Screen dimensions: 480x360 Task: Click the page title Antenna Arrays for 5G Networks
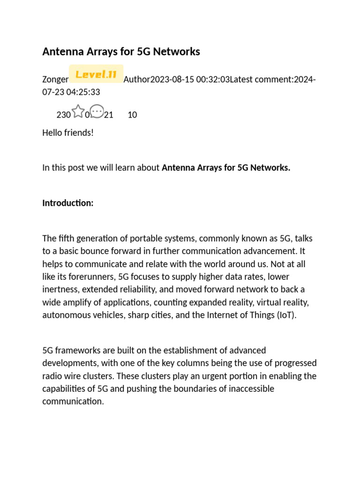pos(121,52)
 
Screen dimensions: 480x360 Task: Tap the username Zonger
pos(55,80)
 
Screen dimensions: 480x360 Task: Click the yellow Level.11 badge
pos(96,74)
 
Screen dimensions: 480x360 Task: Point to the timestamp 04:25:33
pos(83,92)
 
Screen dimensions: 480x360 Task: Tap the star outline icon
pos(78,112)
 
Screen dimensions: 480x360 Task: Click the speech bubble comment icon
pos(97,112)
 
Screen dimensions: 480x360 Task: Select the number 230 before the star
pos(63,115)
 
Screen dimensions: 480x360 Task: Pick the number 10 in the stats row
pos(132,115)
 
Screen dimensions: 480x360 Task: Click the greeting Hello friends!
pos(68,133)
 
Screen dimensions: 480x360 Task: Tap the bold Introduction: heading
pos(68,203)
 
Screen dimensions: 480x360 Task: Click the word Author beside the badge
pos(136,80)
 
